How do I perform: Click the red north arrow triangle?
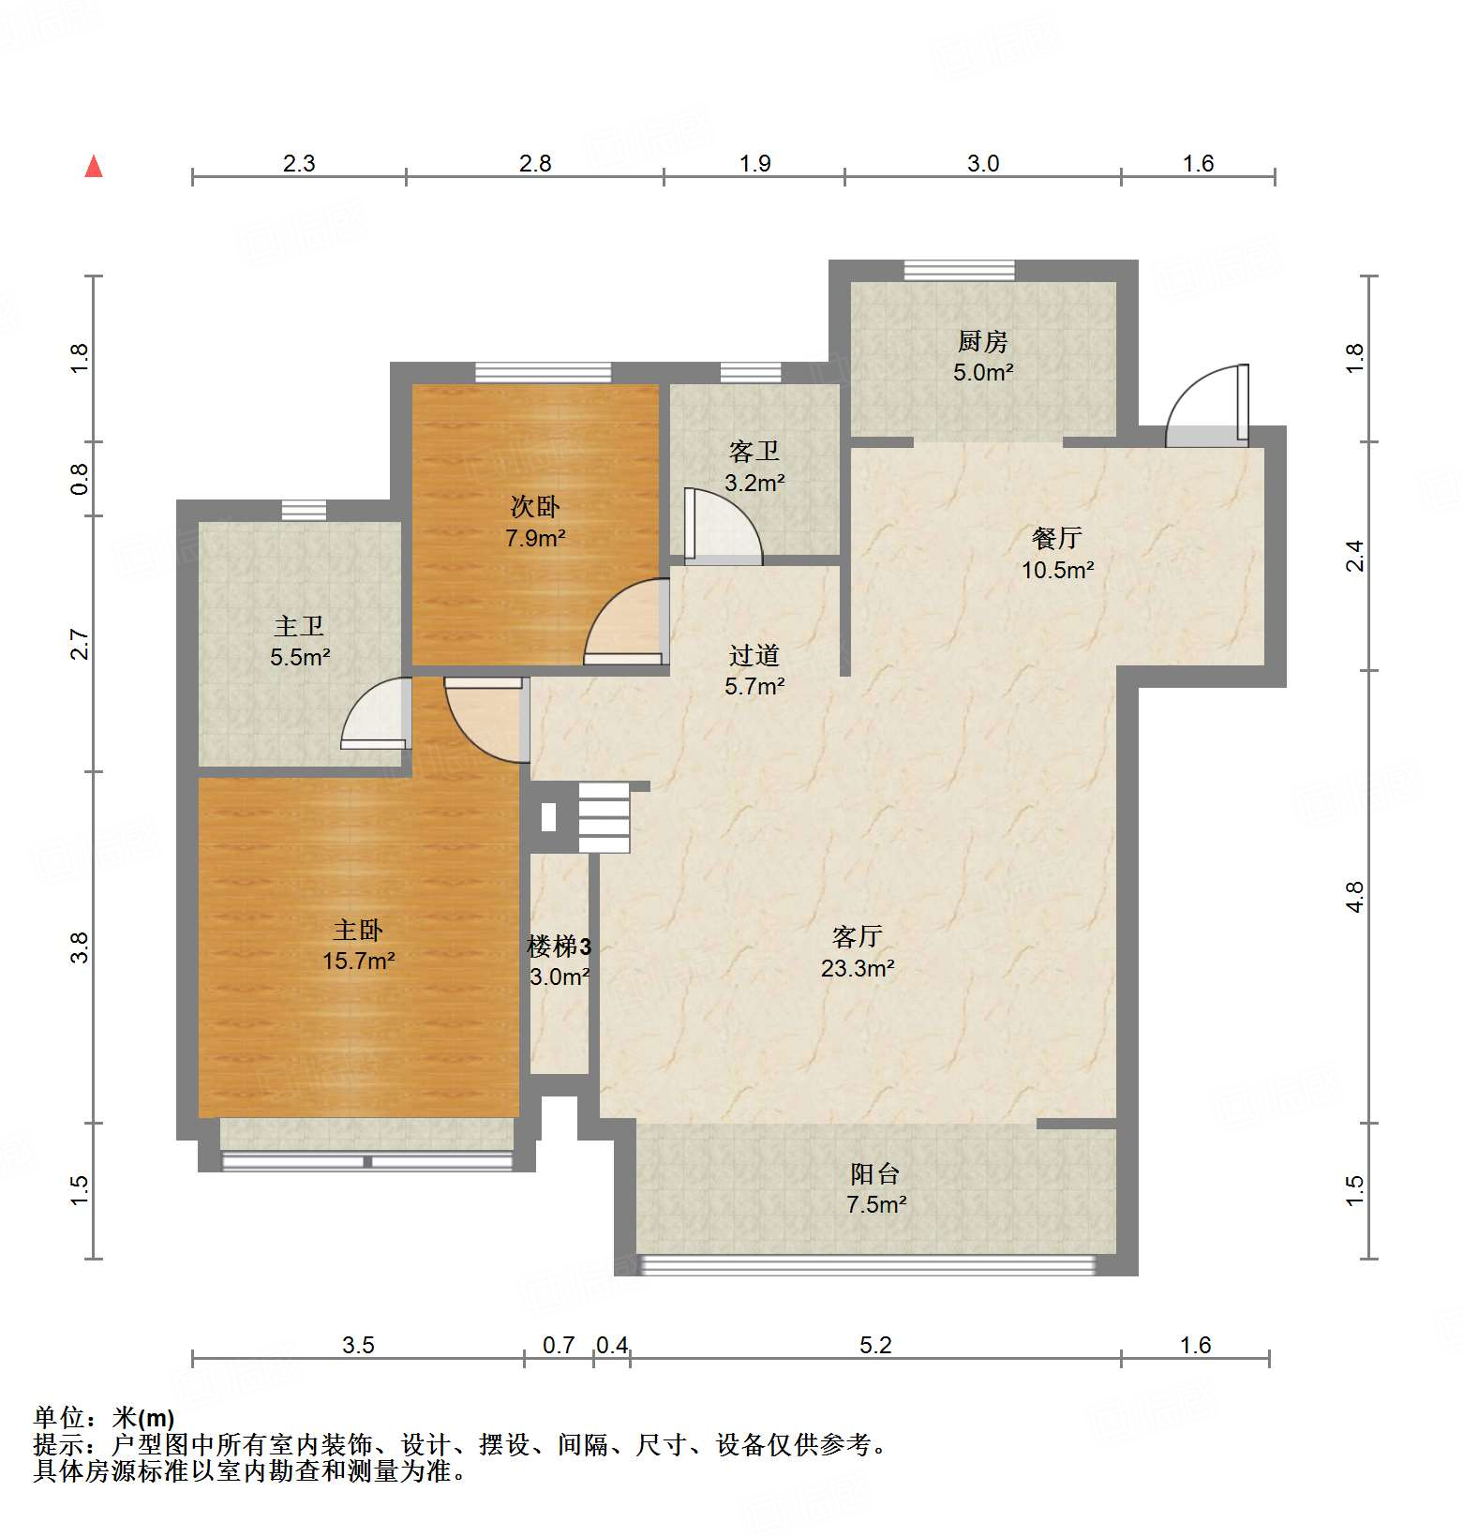pos(94,167)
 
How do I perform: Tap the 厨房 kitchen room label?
pos(982,341)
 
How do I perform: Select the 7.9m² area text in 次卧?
pos(535,539)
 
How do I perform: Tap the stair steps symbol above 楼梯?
pos(604,818)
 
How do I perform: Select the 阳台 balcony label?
pos(875,1173)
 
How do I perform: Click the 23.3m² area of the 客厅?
pos(857,968)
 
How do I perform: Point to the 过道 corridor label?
pos(754,655)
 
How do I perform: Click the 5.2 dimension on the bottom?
pos(875,1346)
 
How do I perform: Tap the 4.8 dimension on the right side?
pos(1355,896)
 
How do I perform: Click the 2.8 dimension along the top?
pos(535,164)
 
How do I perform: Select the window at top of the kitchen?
pos(959,271)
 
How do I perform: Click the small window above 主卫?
pos(305,511)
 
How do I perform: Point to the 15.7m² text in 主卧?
pos(358,962)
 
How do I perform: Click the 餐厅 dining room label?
pos(1057,538)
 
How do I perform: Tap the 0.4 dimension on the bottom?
pos(612,1346)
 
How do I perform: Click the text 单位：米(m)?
pos(104,1418)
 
